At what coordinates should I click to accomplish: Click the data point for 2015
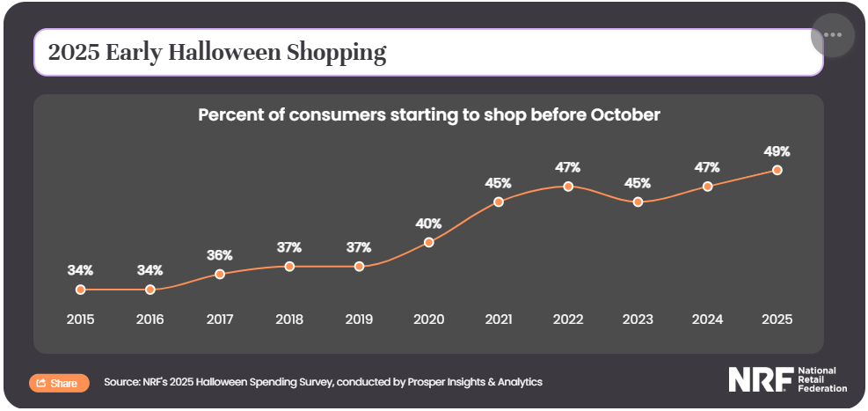click(80, 290)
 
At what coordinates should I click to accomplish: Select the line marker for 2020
click(429, 242)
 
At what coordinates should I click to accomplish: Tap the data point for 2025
click(777, 170)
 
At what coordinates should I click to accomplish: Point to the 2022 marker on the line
click(568, 187)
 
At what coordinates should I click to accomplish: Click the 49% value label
click(777, 151)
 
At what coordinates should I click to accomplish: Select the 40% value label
click(428, 224)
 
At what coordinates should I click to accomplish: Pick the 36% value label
click(220, 255)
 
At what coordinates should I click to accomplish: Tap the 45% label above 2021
click(499, 183)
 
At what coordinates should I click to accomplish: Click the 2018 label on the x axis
click(289, 319)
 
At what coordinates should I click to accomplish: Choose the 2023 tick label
click(638, 319)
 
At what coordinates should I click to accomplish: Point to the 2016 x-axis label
click(150, 319)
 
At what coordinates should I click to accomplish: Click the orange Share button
click(59, 383)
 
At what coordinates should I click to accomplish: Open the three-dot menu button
click(833, 34)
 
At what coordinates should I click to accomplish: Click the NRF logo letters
click(759, 379)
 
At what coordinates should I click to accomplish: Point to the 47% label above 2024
click(707, 167)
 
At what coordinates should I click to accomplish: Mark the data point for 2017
click(220, 274)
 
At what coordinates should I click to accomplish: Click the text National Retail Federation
click(821, 379)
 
